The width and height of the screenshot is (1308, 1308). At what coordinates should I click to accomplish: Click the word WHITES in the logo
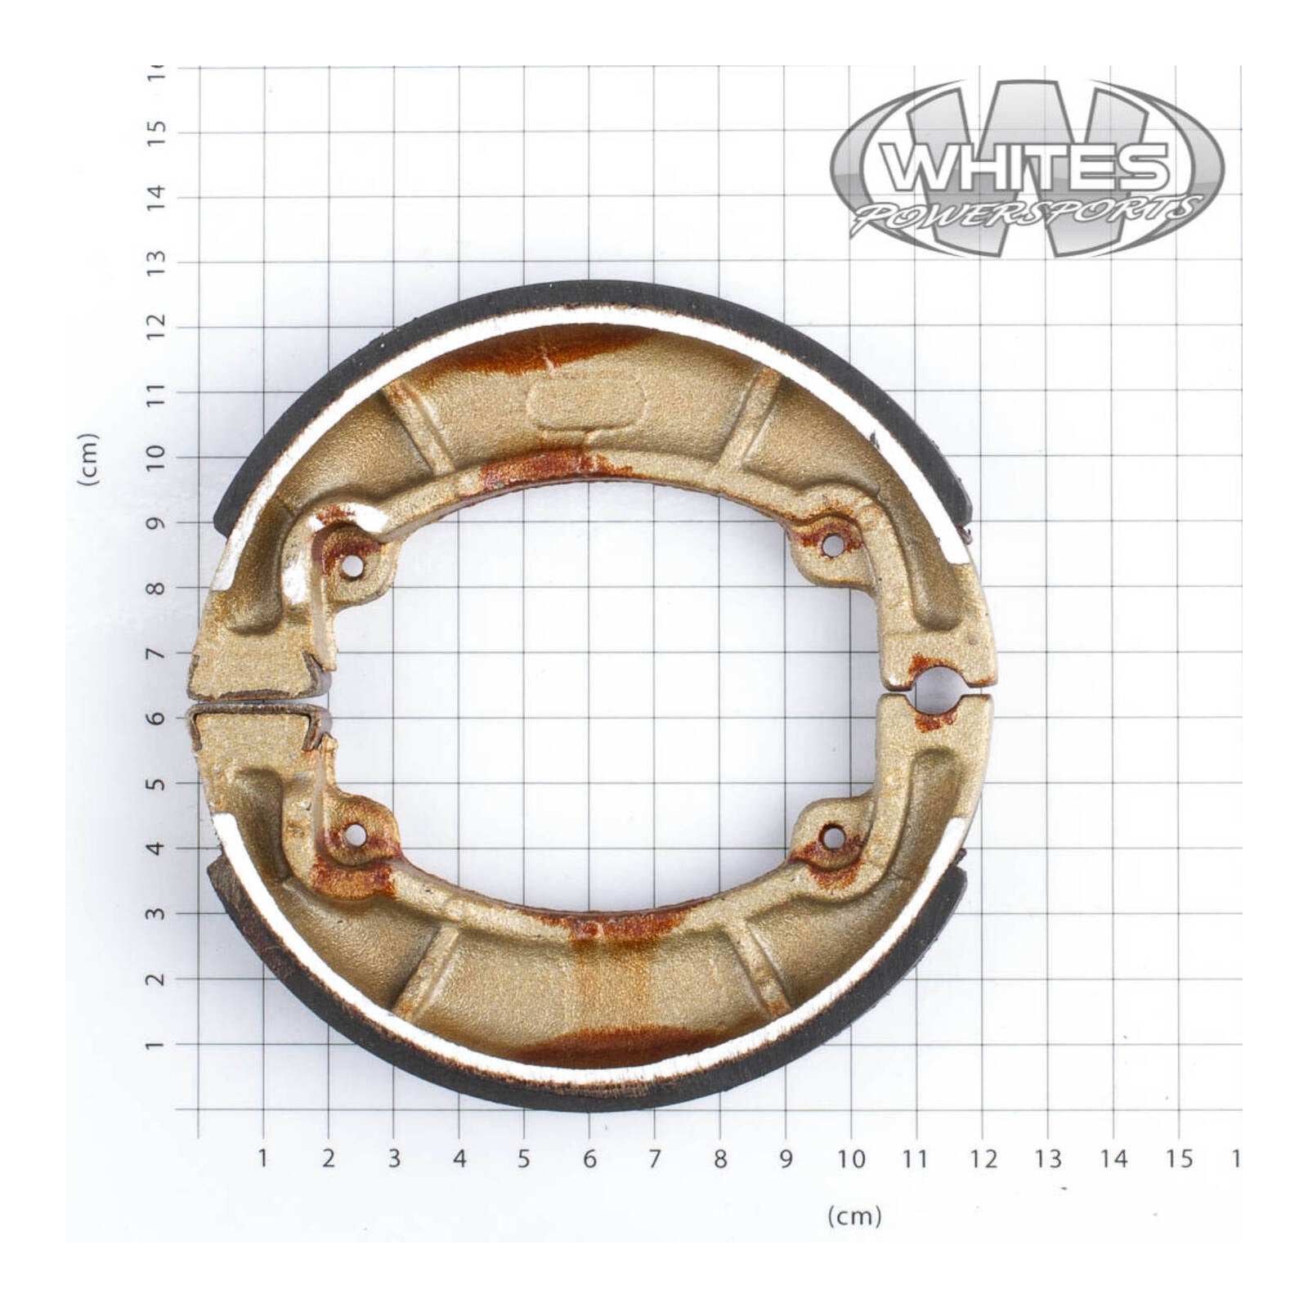tap(1026, 168)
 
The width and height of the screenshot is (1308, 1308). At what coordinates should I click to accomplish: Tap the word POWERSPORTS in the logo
tap(1026, 215)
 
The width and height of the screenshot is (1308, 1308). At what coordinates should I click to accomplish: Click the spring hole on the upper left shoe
tap(352, 567)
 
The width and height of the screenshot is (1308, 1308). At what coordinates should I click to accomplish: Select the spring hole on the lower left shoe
tap(356, 835)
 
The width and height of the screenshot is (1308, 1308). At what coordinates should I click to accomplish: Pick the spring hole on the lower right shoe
tap(832, 837)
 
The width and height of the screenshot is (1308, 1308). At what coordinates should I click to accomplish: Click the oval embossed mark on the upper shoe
tap(585, 401)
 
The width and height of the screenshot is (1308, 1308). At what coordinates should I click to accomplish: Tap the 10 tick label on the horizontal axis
tap(850, 1158)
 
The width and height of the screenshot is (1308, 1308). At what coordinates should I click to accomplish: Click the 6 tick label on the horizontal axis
tap(589, 1158)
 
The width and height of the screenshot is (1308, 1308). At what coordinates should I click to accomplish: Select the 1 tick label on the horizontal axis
tap(263, 1158)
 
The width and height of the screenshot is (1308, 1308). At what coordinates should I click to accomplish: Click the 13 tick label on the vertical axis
tap(155, 262)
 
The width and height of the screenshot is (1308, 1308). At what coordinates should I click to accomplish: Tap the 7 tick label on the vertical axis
tap(155, 653)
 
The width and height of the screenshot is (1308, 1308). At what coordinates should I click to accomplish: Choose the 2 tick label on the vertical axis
tap(155, 979)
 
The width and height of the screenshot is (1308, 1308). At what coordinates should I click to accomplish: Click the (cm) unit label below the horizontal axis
tap(854, 1216)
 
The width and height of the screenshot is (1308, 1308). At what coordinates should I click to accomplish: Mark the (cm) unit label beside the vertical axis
tap(88, 459)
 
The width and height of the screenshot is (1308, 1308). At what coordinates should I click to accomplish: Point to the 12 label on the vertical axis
tap(155, 325)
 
